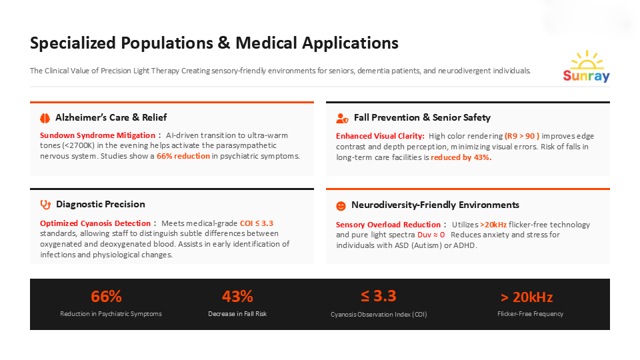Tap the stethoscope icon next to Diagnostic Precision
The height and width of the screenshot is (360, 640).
pos(45,205)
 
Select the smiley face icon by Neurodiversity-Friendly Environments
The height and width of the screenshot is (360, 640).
pos(341,205)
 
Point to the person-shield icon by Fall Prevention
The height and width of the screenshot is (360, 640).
pos(342,118)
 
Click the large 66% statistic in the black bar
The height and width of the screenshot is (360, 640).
pos(106,297)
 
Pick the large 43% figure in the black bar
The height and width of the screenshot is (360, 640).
pos(237,297)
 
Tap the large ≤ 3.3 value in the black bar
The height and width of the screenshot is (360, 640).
pos(379,297)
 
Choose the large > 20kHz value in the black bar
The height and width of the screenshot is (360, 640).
pos(527,297)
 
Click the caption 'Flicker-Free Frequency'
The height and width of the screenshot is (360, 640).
pos(530,314)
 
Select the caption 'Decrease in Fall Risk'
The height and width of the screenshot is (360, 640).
pos(237,314)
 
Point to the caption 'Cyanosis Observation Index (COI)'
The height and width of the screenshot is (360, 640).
pos(379,314)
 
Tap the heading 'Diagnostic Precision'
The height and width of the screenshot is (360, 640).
pos(101,204)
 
